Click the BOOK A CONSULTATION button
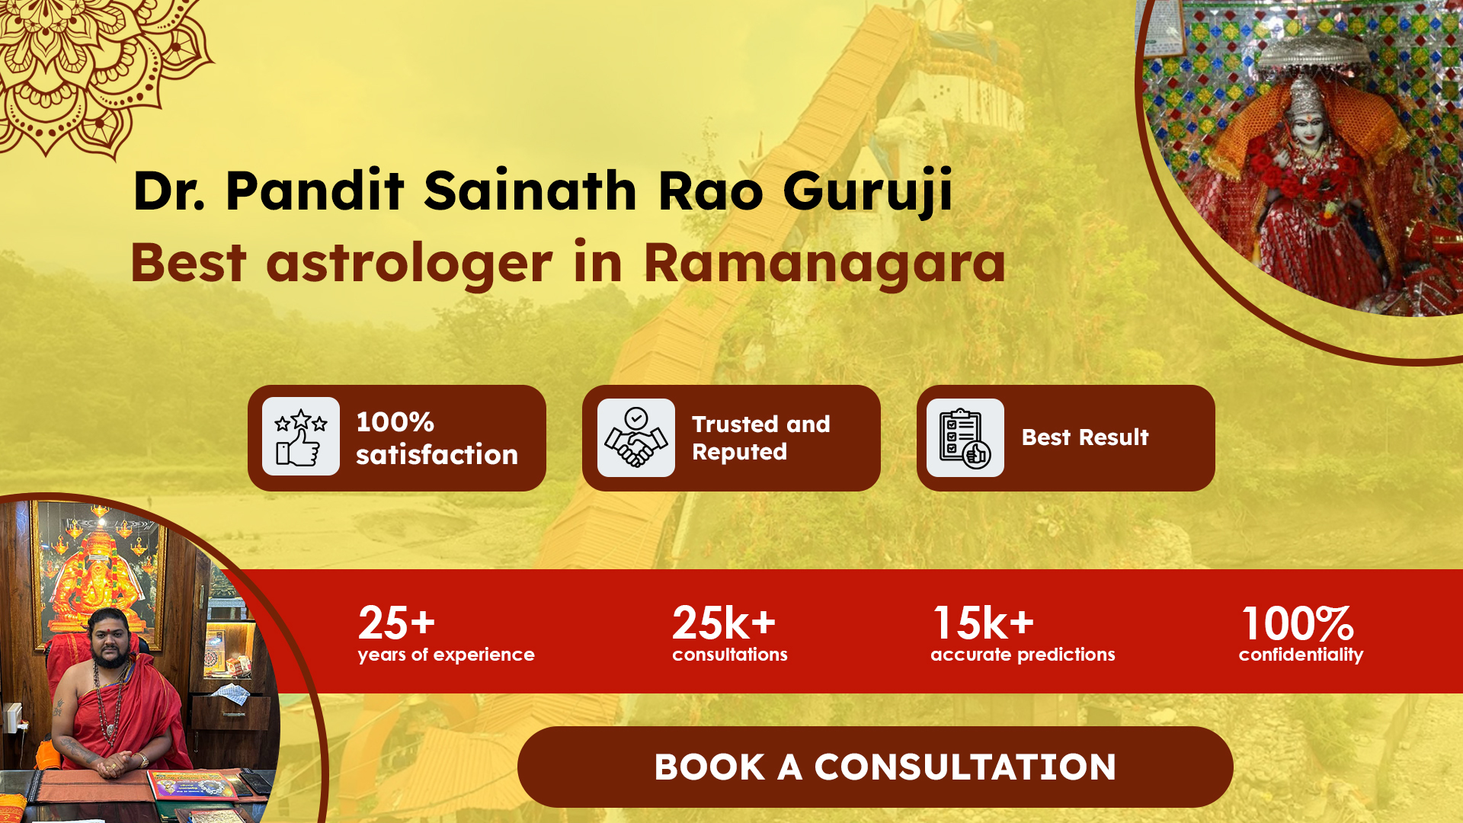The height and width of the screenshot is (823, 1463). coord(875,767)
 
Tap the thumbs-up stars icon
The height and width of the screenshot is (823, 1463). coord(301,437)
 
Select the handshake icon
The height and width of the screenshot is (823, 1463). coord(636,437)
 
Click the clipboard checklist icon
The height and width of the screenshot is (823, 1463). coord(965,437)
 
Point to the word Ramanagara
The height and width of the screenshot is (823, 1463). coord(825,263)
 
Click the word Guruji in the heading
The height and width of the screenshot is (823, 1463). coord(868,191)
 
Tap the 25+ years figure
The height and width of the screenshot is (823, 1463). coord(396,623)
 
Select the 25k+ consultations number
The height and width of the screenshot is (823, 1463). coord(723,623)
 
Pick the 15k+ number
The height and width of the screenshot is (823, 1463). coord(983,623)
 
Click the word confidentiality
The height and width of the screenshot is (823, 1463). coord(1301,655)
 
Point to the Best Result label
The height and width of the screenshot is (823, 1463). coord(1085,437)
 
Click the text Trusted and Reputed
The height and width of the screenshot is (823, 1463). coord(760,438)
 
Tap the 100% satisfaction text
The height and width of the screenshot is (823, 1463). coord(437,438)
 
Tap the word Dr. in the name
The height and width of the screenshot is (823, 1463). coord(169,191)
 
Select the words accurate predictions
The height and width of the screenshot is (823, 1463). coord(1023,655)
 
